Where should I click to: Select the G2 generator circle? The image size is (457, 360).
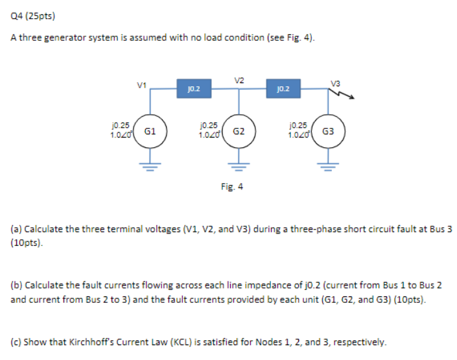[x=239, y=131]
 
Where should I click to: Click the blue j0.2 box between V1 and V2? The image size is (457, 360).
[x=194, y=88]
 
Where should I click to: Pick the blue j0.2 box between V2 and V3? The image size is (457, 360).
[x=283, y=88]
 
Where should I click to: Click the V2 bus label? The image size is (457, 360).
[x=239, y=80]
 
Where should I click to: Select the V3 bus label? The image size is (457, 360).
[x=334, y=83]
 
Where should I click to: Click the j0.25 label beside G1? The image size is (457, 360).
[x=120, y=123]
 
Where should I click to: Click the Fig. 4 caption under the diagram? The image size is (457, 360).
[x=231, y=187]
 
